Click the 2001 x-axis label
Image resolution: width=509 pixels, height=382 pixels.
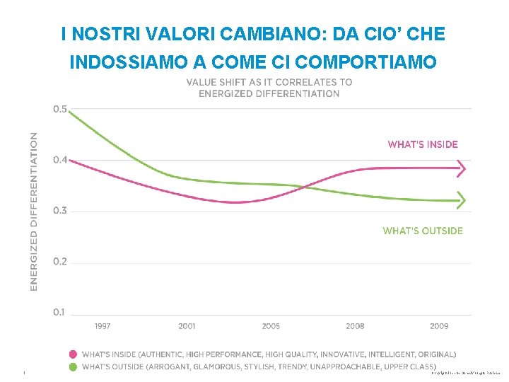187,326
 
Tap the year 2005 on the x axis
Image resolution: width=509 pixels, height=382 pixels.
271,326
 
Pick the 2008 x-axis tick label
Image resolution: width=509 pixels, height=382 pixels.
355,326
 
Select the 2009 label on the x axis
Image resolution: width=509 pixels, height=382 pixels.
439,326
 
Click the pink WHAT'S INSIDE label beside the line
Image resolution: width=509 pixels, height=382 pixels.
423,144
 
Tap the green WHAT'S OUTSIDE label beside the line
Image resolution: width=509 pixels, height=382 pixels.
423,231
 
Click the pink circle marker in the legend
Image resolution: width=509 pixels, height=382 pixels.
73,354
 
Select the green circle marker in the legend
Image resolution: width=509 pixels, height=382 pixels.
73,366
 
